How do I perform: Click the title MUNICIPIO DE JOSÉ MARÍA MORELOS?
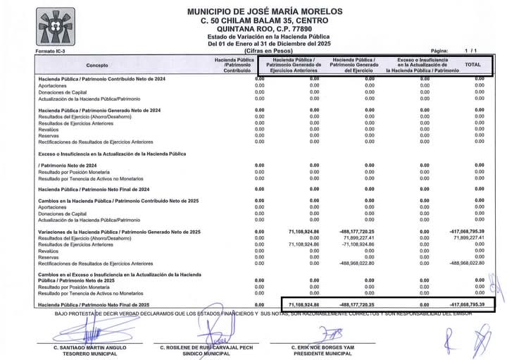(x=265, y=11)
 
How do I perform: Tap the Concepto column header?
(x=97, y=65)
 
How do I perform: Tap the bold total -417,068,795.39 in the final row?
(x=467, y=304)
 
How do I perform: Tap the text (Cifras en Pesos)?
(x=265, y=51)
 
